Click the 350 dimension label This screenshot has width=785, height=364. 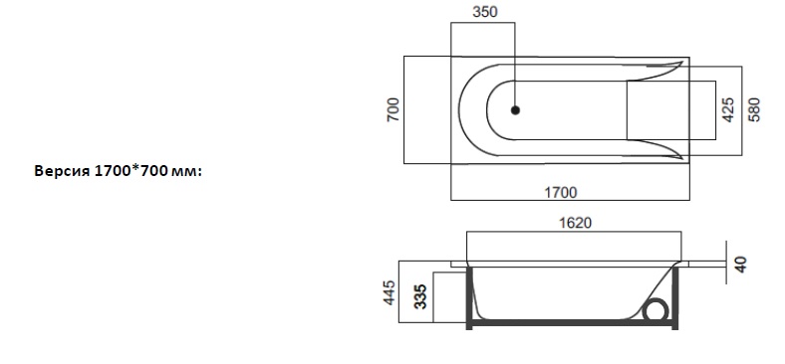485,12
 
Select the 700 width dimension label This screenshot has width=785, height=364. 394,109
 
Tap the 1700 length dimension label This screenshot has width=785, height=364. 561,192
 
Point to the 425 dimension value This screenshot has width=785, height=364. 728,109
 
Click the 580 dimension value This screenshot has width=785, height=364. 753,109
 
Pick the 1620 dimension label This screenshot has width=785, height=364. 575,223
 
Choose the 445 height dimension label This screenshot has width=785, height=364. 390,292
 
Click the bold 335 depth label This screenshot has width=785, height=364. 421,296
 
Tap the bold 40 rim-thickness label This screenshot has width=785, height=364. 741,264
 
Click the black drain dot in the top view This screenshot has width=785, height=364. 515,110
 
